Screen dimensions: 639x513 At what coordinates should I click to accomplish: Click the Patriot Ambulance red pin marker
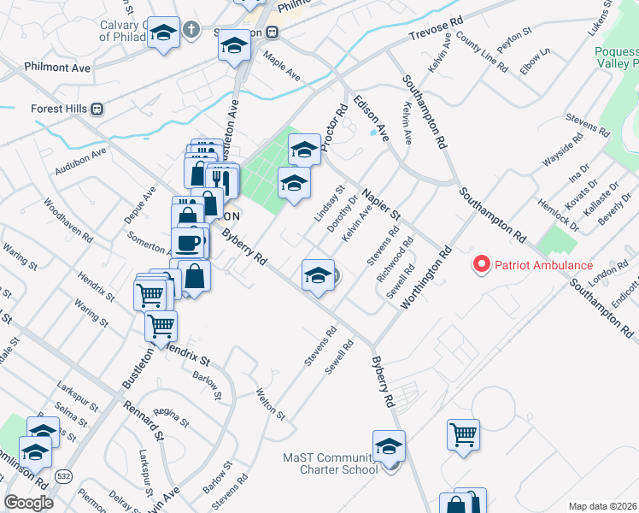point(482,265)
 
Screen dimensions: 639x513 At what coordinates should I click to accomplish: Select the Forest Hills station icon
point(97,109)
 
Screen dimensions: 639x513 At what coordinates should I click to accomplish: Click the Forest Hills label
point(59,109)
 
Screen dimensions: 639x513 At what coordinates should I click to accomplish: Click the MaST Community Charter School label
point(331,463)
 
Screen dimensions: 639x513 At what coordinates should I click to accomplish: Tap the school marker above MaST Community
point(389,445)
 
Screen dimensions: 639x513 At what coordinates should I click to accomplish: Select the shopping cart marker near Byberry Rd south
point(462,433)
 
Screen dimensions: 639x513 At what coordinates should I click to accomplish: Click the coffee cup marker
point(190,243)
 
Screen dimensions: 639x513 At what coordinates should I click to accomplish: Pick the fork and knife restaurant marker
point(221,180)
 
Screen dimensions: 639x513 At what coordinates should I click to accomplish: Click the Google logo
point(29,503)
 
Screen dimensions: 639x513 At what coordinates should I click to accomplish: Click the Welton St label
point(271,403)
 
